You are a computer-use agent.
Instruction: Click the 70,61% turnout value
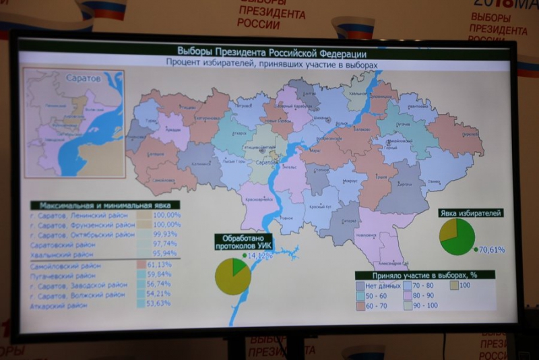coord(492,249)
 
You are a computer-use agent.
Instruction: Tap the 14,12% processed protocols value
coord(262,256)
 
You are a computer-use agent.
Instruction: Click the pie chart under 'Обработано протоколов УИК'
coord(232,276)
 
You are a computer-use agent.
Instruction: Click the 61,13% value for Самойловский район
coord(159,265)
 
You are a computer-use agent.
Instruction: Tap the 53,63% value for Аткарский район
coord(159,305)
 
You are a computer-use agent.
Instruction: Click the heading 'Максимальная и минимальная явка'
coord(100,204)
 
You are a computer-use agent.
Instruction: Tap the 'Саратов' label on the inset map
coord(82,79)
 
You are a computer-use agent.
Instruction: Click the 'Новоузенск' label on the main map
coord(365,235)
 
